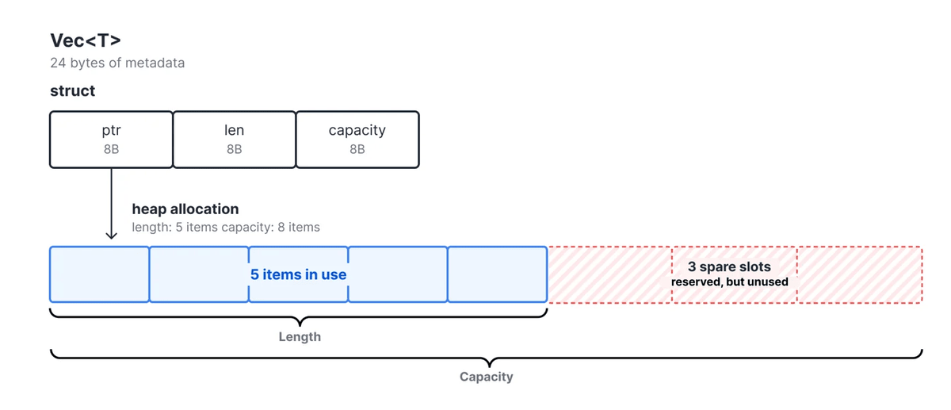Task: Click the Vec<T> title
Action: [86, 40]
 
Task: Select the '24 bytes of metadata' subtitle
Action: [117, 63]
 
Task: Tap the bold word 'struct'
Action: [73, 90]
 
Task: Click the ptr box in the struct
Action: [111, 140]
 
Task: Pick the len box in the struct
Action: [235, 140]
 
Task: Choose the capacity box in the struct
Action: [357, 140]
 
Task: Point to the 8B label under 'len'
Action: [235, 149]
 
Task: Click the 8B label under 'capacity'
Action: [357, 149]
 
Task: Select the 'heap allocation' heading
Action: [185, 209]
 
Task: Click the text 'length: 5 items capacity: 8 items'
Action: [226, 228]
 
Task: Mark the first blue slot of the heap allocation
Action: [99, 274]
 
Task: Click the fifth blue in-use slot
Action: [498, 274]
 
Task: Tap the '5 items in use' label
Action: [299, 274]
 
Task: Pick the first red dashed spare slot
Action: [609, 274]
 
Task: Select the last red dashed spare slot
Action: [860, 274]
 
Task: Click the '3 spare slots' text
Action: [729, 266]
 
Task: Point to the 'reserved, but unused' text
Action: [729, 282]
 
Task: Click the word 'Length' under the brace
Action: [300, 336]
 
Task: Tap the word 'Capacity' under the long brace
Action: [487, 377]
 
